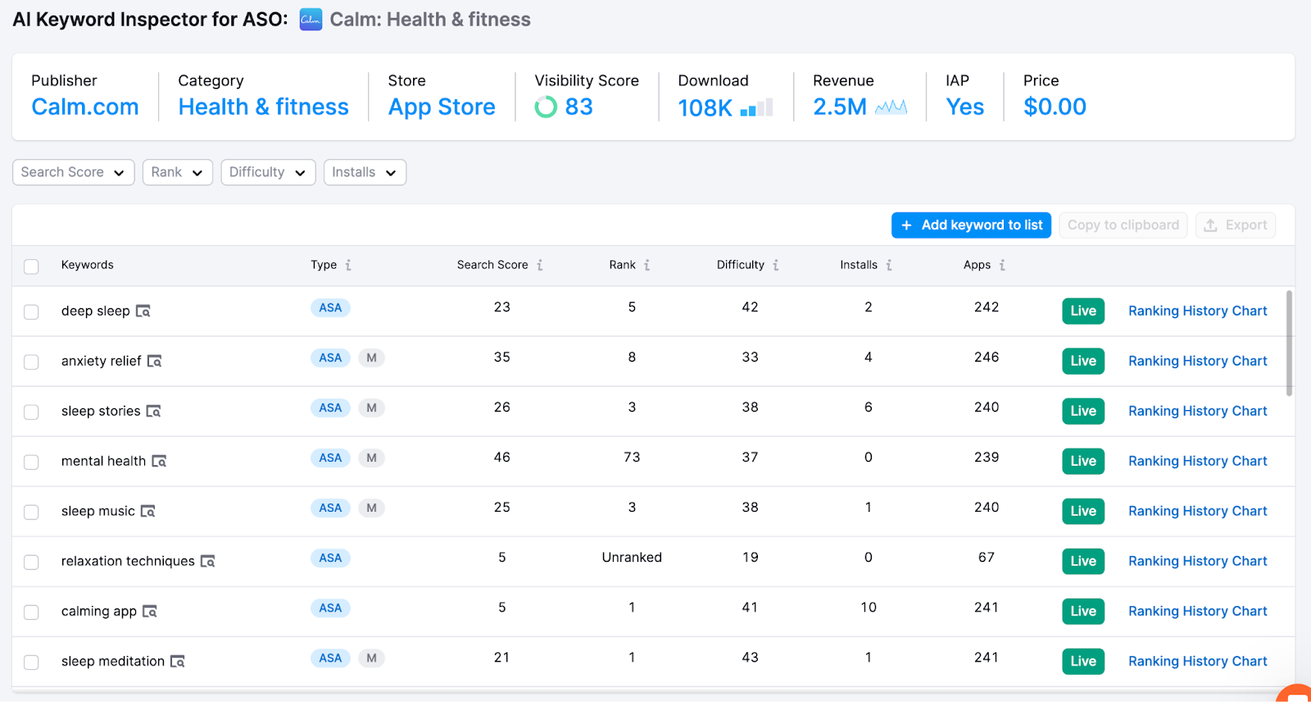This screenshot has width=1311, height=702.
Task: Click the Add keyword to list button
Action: (971, 225)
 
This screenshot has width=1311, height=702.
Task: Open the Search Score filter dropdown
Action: (73, 172)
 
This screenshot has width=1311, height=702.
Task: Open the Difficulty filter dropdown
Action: (268, 172)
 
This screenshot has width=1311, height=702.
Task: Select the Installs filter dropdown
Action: (365, 172)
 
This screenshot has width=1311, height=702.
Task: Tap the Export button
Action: (1235, 225)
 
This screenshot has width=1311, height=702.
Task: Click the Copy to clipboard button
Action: (1123, 225)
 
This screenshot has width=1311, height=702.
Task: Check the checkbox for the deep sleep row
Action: (31, 312)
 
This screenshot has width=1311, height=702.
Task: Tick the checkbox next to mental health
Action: (31, 462)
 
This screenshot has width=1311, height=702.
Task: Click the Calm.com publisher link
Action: (85, 107)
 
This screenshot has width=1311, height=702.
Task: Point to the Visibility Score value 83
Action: (578, 107)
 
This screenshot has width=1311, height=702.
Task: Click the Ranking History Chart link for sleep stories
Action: (1197, 411)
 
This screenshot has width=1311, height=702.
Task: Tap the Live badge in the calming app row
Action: (1082, 611)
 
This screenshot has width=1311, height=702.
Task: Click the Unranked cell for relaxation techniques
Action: (632, 558)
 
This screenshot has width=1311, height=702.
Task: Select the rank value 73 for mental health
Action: (632, 458)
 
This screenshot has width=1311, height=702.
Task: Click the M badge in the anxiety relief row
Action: (371, 358)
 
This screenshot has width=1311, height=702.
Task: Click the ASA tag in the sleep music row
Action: (330, 508)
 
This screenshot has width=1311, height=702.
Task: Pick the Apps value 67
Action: (986, 558)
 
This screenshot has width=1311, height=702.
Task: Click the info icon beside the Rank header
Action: (646, 265)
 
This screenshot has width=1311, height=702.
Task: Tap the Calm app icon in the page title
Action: (311, 19)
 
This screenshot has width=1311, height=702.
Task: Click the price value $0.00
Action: (1055, 107)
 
